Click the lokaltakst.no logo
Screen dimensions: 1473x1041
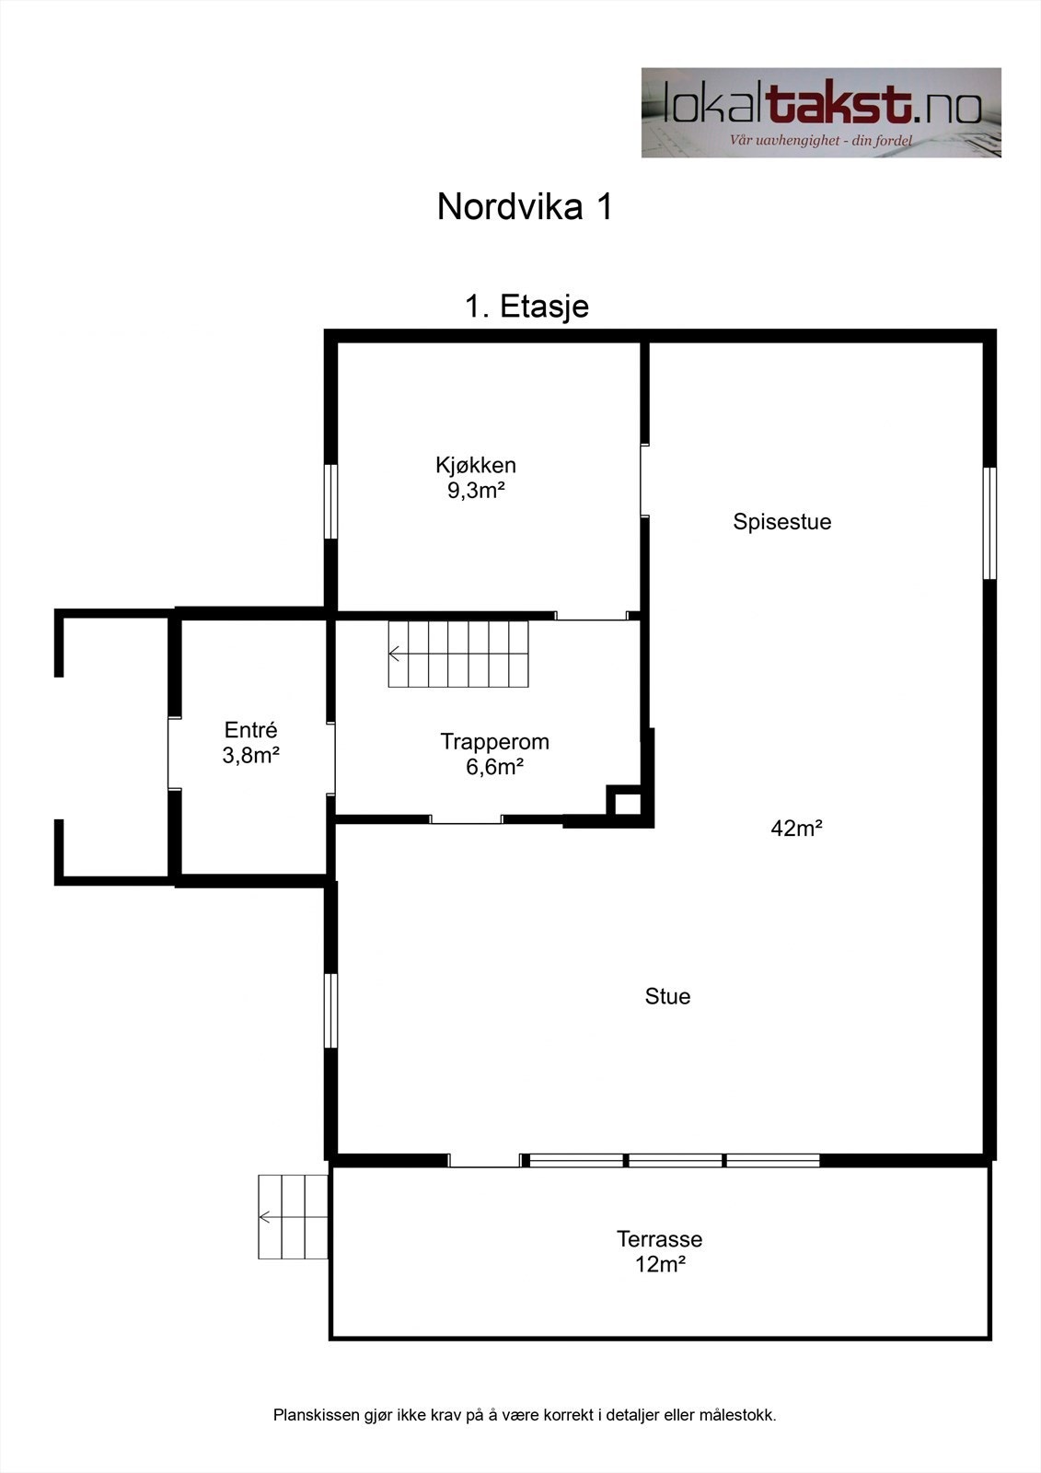(821, 112)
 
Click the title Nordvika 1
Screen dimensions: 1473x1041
(525, 207)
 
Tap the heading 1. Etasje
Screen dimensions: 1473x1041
(526, 307)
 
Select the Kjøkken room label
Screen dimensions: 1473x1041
(476, 465)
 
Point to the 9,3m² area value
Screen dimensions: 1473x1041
(476, 490)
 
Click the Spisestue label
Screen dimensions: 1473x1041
(781, 522)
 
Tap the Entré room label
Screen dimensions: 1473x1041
(250, 730)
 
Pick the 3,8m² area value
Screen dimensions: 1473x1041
(250, 756)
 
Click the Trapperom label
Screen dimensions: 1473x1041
(494, 741)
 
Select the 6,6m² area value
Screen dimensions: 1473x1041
(494, 767)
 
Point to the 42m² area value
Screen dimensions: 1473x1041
(796, 829)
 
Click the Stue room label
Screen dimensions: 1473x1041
(667, 996)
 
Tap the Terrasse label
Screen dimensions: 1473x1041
(659, 1239)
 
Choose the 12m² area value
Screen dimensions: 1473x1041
(660, 1264)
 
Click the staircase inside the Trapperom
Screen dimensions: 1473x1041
(459, 654)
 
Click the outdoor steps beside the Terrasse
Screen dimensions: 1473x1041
(293, 1217)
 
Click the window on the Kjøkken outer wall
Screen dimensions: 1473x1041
(331, 501)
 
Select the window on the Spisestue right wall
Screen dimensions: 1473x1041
(990, 523)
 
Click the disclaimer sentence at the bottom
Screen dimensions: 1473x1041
(525, 1415)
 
